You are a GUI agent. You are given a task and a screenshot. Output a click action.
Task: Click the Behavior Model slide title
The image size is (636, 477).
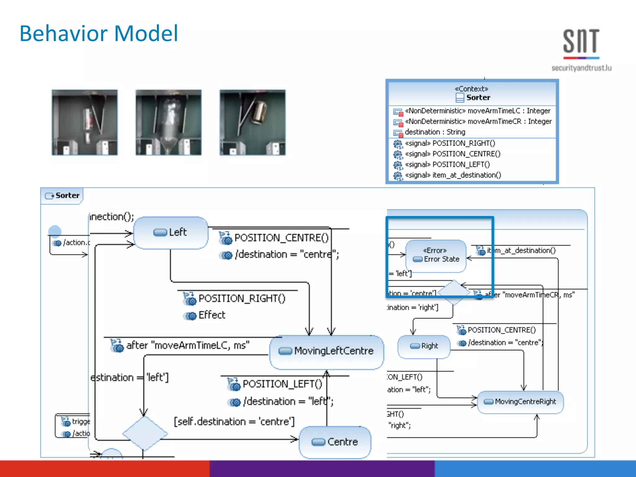(99, 34)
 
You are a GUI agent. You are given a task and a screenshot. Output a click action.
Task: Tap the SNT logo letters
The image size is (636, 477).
(581, 41)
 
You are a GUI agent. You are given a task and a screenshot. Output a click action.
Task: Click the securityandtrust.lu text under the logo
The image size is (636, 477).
(581, 68)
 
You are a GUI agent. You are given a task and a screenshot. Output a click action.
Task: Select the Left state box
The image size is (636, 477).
(170, 233)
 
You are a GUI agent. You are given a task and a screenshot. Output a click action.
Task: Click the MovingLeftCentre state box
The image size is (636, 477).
(327, 351)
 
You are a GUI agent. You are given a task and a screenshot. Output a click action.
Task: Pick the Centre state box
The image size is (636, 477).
(335, 442)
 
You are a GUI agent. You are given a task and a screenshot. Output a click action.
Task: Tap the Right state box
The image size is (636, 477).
(424, 346)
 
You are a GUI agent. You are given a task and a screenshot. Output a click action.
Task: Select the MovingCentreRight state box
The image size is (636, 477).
(520, 402)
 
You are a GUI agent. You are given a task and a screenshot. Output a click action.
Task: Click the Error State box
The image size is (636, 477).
(436, 256)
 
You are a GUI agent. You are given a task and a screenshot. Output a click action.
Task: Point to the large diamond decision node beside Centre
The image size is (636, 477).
(145, 434)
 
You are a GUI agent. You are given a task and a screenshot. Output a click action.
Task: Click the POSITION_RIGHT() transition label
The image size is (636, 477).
(242, 298)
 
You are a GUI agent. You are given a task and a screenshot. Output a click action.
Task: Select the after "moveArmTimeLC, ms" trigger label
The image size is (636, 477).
(188, 345)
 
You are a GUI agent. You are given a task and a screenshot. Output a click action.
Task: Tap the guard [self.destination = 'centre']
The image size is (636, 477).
(234, 422)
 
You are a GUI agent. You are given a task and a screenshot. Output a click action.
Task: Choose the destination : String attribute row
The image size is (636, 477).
(435, 132)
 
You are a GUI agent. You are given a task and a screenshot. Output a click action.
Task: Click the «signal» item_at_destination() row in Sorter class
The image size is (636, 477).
(453, 175)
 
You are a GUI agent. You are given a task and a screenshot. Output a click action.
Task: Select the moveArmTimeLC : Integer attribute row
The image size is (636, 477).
(477, 111)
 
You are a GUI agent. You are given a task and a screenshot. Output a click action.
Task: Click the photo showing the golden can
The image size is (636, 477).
(252, 122)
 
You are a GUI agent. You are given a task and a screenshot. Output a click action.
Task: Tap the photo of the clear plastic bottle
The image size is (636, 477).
(168, 122)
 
